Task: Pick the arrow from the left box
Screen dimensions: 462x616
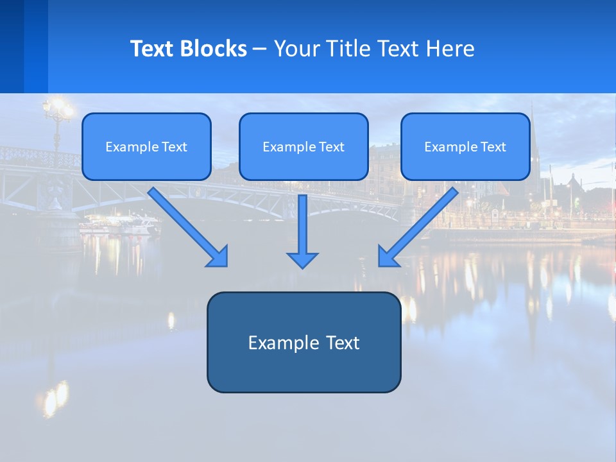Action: tap(186, 225)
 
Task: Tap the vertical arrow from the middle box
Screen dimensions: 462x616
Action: tap(302, 225)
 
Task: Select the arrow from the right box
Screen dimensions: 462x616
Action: tap(420, 225)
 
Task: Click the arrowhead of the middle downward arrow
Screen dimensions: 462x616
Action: tap(302, 260)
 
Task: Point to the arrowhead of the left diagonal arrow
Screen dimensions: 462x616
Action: tap(218, 257)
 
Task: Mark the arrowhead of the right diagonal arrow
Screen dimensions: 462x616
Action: tap(388, 257)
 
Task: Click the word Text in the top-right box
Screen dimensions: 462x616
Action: tap(493, 147)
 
